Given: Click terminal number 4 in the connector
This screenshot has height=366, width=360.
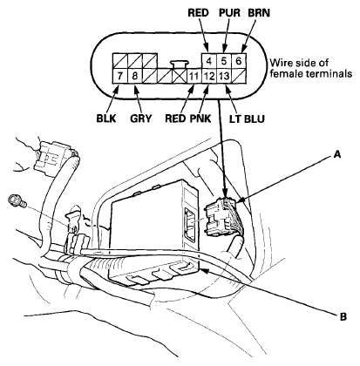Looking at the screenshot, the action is coord(209,61).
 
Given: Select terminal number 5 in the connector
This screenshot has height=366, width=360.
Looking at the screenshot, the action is coord(224,61).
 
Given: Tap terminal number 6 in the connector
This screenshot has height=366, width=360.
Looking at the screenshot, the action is coord(239,61).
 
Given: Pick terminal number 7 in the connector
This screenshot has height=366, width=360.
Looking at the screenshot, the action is coord(119,76).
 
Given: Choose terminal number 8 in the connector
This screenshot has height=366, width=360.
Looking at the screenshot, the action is coord(134,76).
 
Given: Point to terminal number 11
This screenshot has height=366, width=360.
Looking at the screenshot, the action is coord(194,76).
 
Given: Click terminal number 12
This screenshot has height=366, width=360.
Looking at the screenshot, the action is coord(209,76).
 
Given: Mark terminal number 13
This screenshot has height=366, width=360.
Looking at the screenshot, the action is coord(224,76).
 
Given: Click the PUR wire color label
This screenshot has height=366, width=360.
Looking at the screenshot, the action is coord(229,13).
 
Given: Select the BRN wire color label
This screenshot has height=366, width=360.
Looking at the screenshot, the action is coord(259,13).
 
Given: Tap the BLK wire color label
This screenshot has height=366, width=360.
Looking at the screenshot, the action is coord(106,119).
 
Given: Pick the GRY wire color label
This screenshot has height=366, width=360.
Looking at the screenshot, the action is coord(141,119).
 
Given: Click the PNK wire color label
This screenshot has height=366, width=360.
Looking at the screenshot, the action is coord(200,119).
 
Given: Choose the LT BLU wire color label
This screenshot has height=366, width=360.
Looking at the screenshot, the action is coord(247,119).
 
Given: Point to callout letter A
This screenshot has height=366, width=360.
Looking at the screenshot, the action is coord(337,154).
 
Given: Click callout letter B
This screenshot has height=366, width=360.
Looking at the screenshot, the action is coord(343,316).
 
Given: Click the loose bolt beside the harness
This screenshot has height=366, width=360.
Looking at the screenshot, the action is coord(17,200).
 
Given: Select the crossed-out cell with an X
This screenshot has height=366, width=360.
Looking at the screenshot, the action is coord(180,76).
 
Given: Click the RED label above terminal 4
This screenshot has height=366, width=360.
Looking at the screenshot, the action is coord(199,13).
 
